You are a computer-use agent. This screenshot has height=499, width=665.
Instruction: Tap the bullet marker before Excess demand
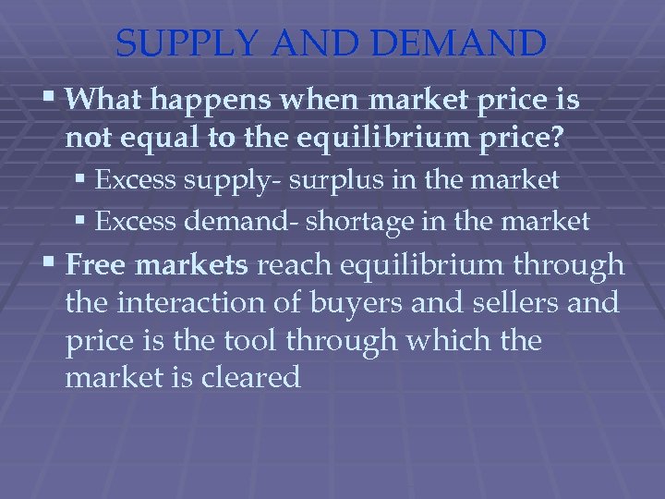[x=83, y=221]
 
